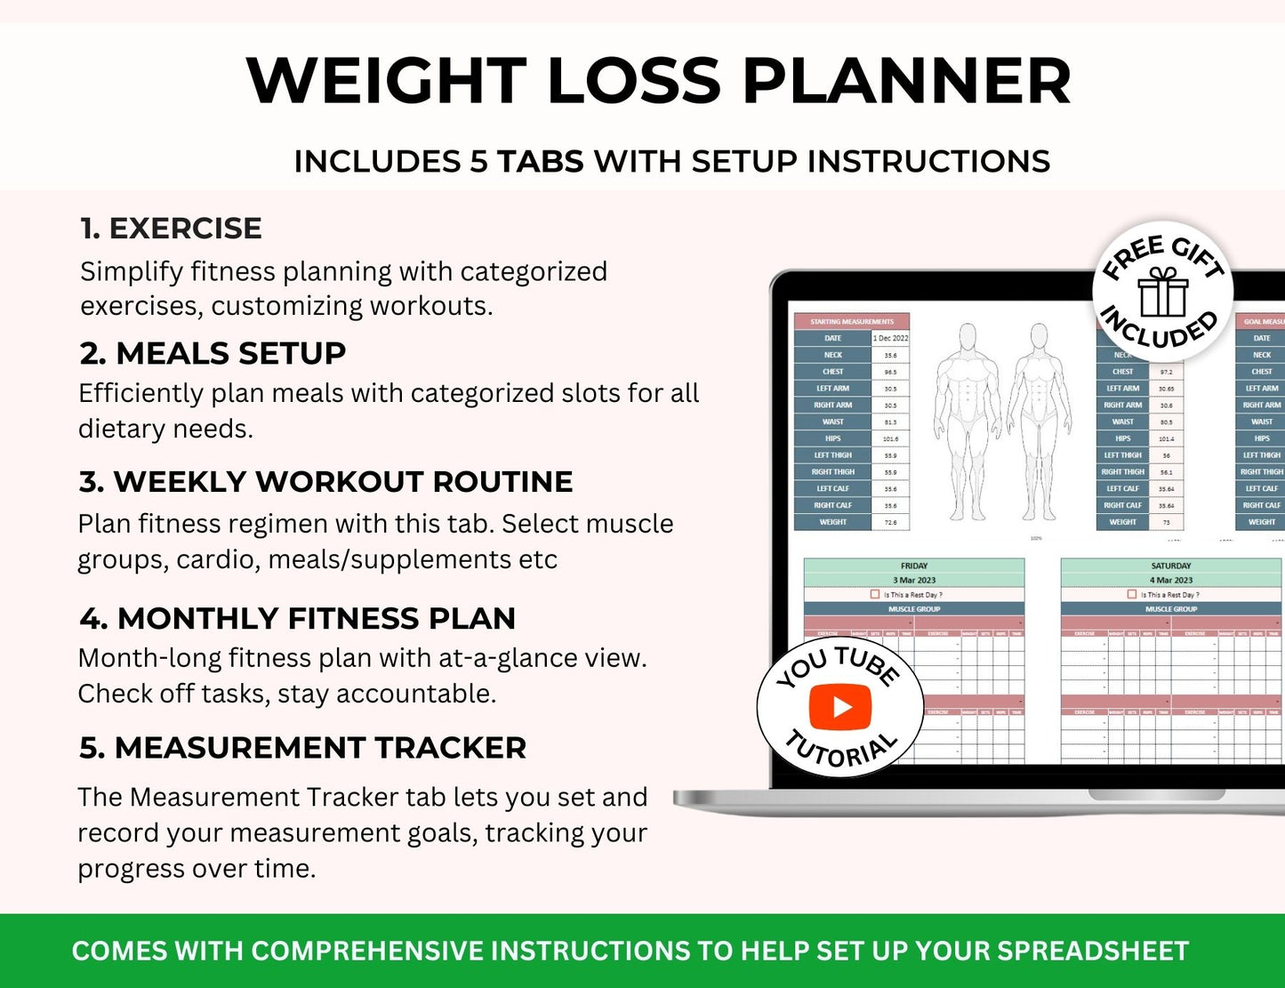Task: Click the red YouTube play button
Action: (840, 707)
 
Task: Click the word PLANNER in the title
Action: (906, 81)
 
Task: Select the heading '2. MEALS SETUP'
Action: (213, 353)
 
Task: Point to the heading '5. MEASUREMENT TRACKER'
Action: (302, 748)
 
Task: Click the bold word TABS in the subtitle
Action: (540, 162)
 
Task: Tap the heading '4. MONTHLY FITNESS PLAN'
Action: (297, 618)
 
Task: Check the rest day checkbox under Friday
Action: (875, 594)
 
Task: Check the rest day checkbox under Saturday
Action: (1132, 594)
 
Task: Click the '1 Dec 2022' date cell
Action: (890, 338)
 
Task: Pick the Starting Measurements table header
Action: (851, 321)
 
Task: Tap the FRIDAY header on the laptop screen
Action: (913, 566)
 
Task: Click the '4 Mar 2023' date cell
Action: (1170, 580)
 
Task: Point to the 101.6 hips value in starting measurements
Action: (890, 438)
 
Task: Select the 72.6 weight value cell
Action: (890, 522)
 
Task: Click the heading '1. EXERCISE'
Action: (171, 229)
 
